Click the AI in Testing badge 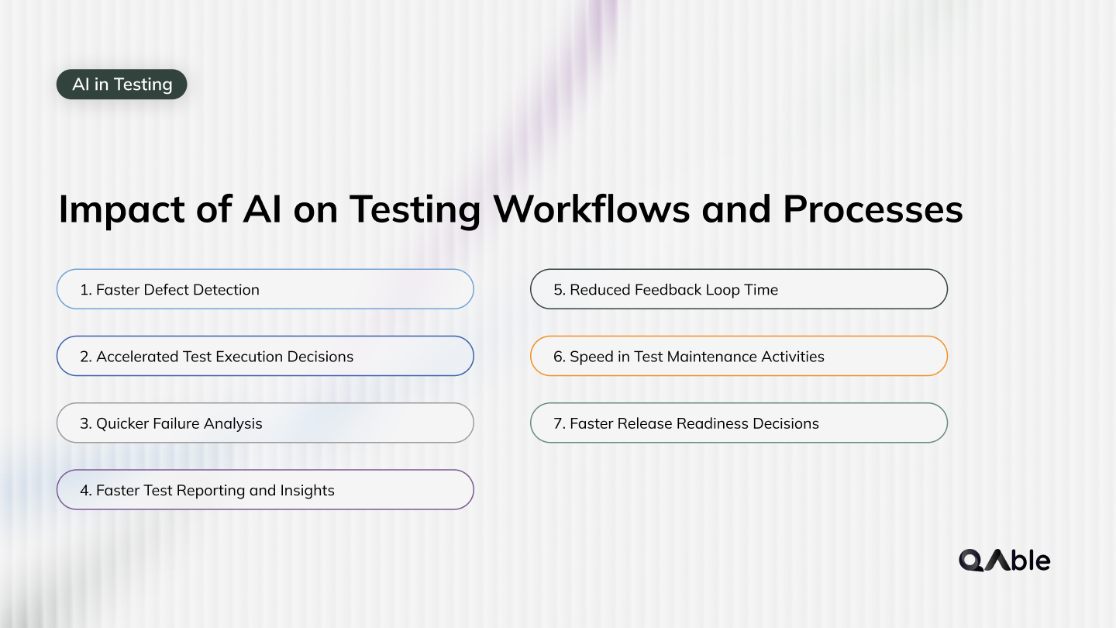pyautogui.click(x=122, y=85)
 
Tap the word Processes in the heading pyautogui.click(x=873, y=209)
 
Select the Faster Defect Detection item pyautogui.click(x=264, y=290)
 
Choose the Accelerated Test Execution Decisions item pyautogui.click(x=264, y=357)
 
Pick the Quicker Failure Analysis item pyautogui.click(x=264, y=423)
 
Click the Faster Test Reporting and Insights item pyautogui.click(x=264, y=490)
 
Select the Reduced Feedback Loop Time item pyautogui.click(x=738, y=290)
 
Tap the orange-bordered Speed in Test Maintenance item pyautogui.click(x=738, y=357)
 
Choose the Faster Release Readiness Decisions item pyautogui.click(x=738, y=423)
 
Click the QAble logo pyautogui.click(x=1004, y=560)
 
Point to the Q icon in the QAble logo pyautogui.click(x=972, y=561)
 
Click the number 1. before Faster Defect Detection pyautogui.click(x=85, y=290)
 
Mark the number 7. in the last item pyautogui.click(x=560, y=423)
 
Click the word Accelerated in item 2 pyautogui.click(x=137, y=357)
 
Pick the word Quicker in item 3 pyautogui.click(x=122, y=424)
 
